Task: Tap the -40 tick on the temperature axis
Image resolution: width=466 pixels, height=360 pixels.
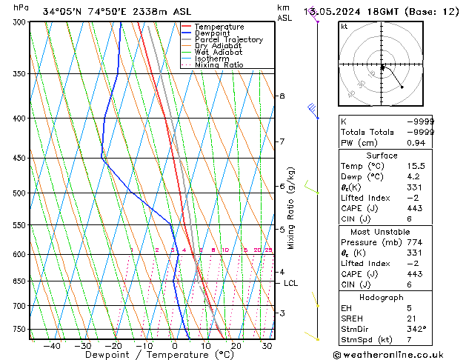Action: (x=52, y=345)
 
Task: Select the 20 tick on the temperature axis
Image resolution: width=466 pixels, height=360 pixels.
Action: (x=236, y=345)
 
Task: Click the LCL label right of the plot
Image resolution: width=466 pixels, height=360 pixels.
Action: (x=291, y=283)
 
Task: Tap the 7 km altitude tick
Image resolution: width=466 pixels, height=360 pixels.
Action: (x=282, y=141)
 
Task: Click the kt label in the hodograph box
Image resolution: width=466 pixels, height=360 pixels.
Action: (x=344, y=26)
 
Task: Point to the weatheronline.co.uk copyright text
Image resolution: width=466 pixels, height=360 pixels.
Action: (x=399, y=355)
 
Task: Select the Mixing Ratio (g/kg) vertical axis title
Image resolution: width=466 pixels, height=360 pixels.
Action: (x=292, y=208)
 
